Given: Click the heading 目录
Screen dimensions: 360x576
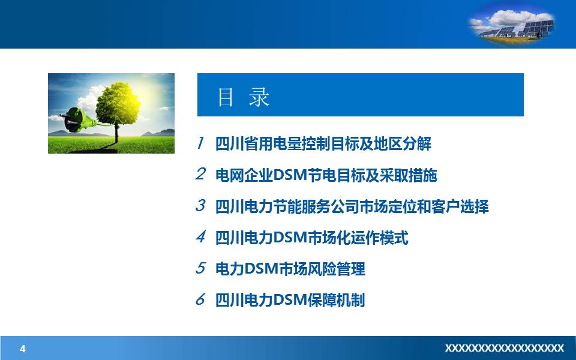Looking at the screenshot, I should click(x=244, y=97).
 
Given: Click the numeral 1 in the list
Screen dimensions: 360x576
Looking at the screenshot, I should click(x=200, y=143).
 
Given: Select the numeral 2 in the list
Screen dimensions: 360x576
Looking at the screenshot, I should click(x=200, y=175).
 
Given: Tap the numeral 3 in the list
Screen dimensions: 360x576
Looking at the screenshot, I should click(x=200, y=206).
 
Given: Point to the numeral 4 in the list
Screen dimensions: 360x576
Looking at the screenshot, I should click(x=200, y=237).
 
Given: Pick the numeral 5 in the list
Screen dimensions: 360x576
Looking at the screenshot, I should click(x=200, y=268).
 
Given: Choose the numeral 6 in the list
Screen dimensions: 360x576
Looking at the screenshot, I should click(x=200, y=299).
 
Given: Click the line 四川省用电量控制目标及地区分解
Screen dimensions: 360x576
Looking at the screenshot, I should click(x=323, y=144).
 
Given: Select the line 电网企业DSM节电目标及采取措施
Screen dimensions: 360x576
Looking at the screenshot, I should click(x=326, y=175).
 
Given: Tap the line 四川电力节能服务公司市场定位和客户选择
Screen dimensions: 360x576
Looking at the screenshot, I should click(x=352, y=206).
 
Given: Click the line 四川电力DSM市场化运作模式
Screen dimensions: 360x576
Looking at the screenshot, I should click(x=311, y=238).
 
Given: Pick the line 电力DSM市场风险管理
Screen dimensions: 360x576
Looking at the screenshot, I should click(x=290, y=269).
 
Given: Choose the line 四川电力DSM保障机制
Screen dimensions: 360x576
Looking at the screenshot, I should click(x=290, y=300).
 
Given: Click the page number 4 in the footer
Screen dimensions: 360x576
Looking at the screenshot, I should click(x=23, y=349).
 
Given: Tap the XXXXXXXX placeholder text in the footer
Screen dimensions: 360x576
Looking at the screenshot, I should click(x=504, y=349).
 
